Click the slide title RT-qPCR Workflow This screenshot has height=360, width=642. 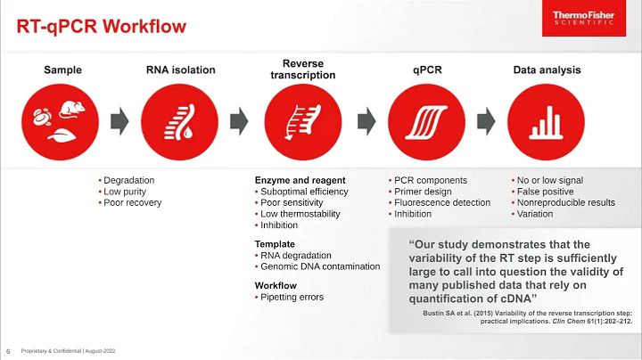[x=103, y=26]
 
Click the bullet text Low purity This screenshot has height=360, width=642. [x=125, y=192]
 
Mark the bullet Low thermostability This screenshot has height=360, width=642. [x=304, y=214]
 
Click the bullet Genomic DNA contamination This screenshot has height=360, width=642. [x=319, y=266]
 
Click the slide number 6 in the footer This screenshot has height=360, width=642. [x=8, y=349]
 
